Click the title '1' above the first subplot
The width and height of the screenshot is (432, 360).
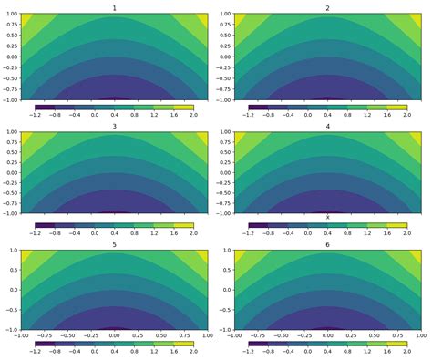[x=114, y=8]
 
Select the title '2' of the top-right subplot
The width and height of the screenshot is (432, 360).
[x=327, y=8]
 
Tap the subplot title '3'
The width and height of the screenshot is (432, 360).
[x=114, y=125]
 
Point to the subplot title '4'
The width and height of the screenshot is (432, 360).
[x=327, y=125]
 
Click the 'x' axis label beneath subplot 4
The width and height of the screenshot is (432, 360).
[x=327, y=217]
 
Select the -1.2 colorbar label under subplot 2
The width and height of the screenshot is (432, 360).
[x=248, y=116]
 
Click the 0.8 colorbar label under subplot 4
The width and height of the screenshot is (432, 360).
[x=347, y=232]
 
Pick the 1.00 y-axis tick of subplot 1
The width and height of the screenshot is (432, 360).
[x=11, y=15]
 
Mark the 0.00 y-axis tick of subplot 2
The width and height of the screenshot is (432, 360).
[x=224, y=57]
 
